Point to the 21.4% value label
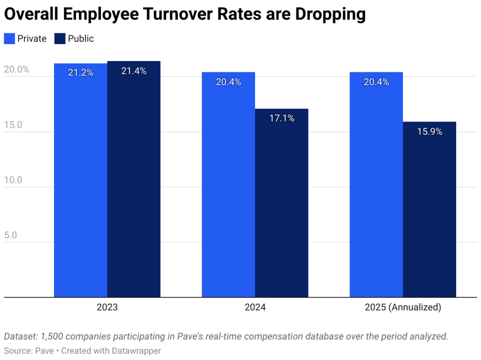[134, 71]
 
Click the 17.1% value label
[282, 119]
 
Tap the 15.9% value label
[429, 132]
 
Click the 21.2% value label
[80, 73]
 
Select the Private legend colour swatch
[9, 38]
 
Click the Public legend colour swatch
[60, 38]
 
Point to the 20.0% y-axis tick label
[16, 69]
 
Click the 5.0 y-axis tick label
[10, 235]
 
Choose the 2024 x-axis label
[255, 308]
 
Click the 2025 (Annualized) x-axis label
[403, 308]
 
